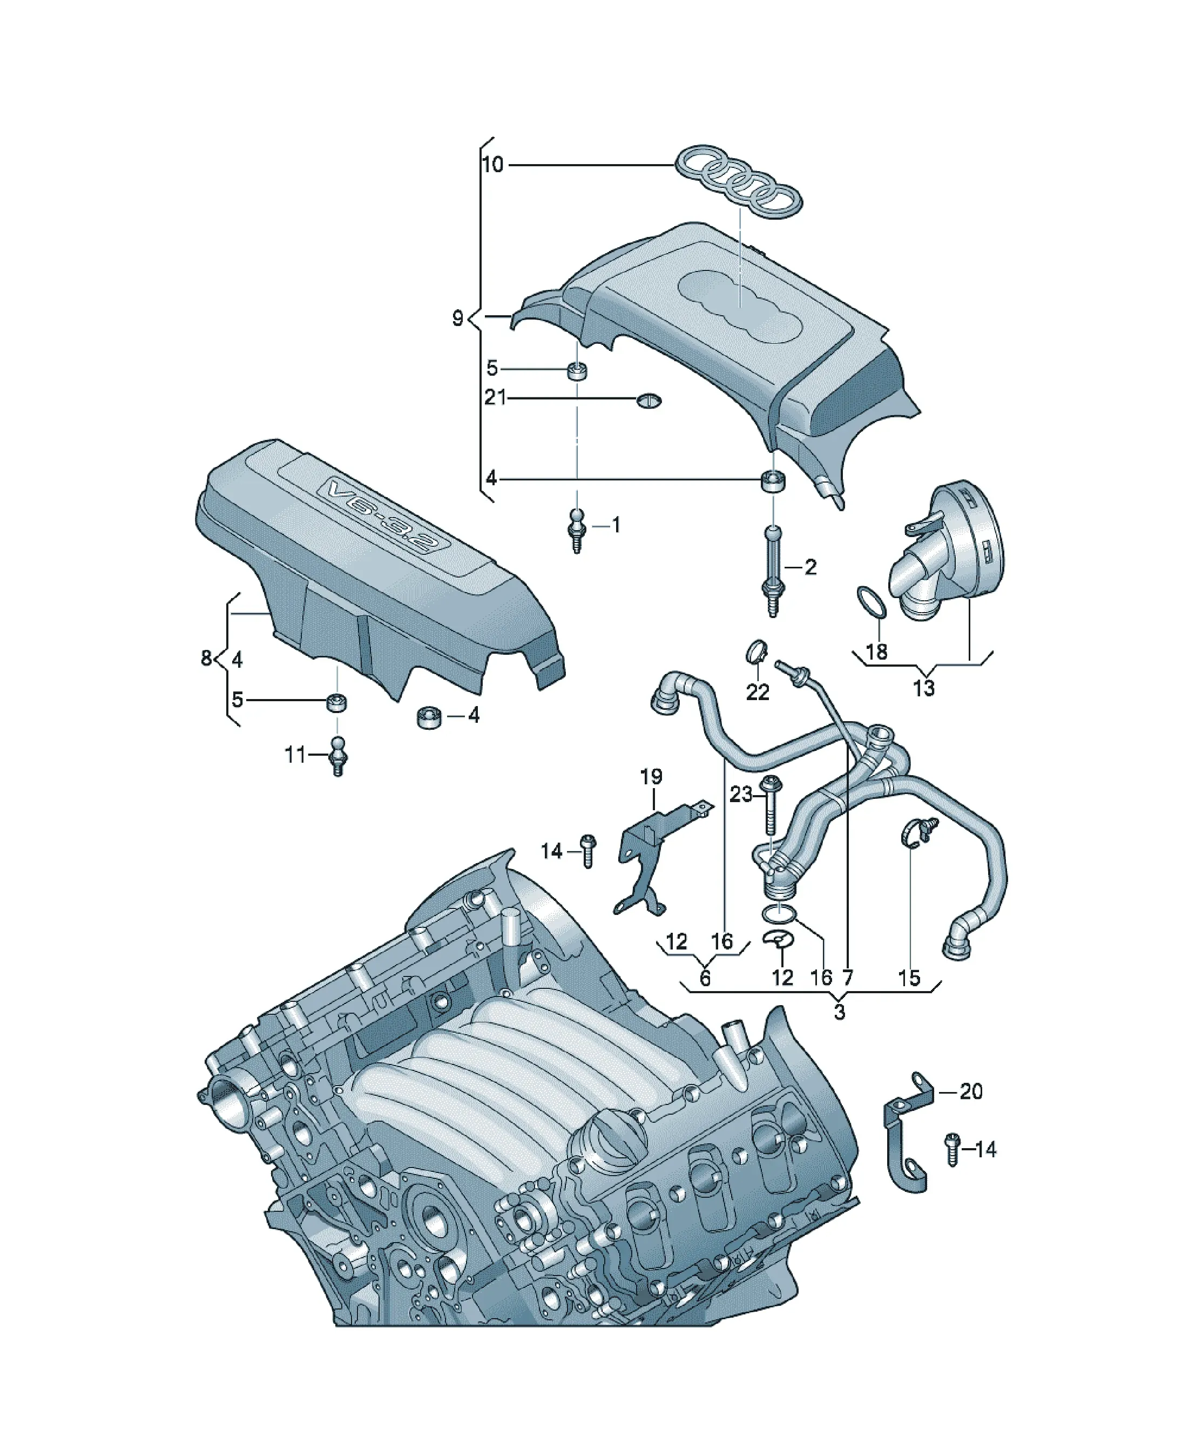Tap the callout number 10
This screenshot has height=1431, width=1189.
(x=492, y=164)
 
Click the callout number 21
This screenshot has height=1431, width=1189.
(x=496, y=397)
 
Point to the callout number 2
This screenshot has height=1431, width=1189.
(x=810, y=567)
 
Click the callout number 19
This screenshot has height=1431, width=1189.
(x=651, y=776)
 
